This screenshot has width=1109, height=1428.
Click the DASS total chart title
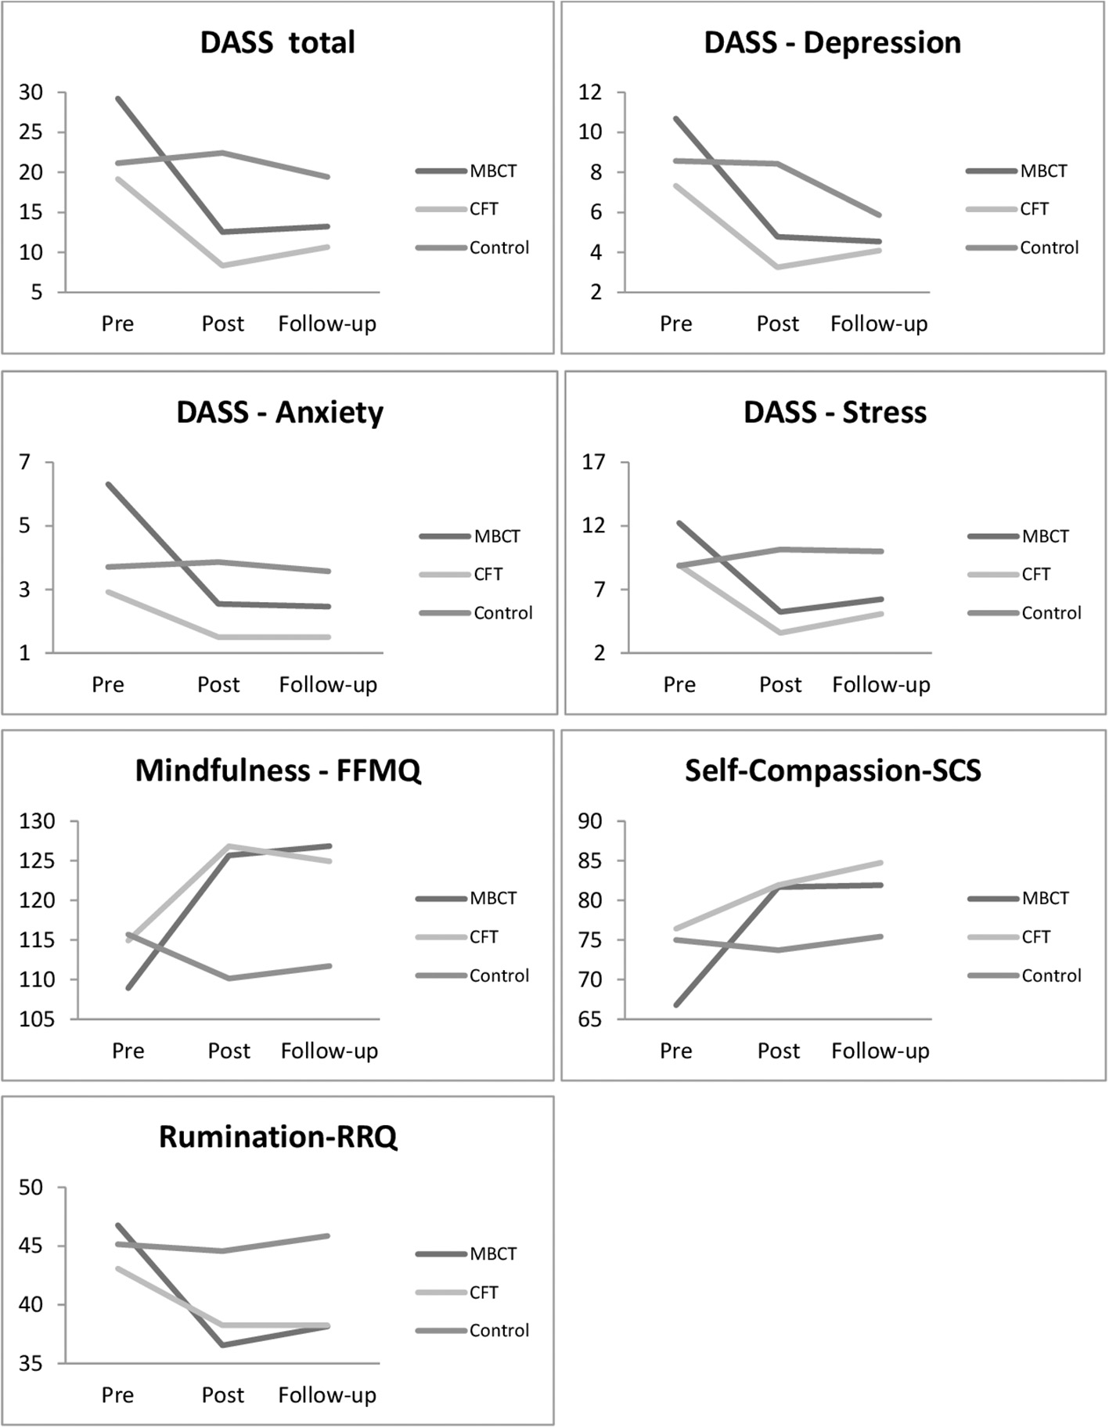(277, 42)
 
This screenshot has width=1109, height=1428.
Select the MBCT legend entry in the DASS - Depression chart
(1042, 171)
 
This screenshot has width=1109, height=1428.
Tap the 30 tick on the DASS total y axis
(31, 92)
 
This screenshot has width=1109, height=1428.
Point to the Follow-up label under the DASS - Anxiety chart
(328, 685)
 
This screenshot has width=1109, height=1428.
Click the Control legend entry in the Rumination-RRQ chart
(499, 1330)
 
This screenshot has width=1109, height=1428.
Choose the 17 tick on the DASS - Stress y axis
(594, 463)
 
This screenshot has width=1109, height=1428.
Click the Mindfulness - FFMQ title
(278, 771)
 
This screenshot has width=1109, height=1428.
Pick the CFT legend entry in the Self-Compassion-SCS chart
(1035, 937)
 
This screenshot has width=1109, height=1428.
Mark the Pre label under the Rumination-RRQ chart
(117, 1395)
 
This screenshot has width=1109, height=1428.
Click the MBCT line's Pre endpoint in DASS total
(117, 99)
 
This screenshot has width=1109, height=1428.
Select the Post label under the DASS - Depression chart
(777, 324)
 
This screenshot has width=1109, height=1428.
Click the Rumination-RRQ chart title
(278, 1137)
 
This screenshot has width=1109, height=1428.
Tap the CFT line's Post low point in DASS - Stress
(780, 632)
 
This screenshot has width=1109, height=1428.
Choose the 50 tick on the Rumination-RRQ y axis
(31, 1188)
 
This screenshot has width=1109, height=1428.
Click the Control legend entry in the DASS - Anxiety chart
(502, 613)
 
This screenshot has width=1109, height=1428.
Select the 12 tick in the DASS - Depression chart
(590, 92)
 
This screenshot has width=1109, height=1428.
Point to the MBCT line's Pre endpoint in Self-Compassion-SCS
(676, 1004)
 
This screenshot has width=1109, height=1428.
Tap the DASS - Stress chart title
(834, 413)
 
